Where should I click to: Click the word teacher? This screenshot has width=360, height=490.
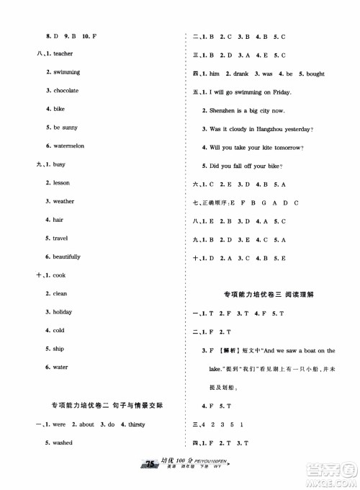pyautogui.click(x=63, y=54)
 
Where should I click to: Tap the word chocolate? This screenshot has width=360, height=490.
pyautogui.click(x=66, y=91)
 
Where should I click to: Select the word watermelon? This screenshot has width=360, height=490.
pyautogui.click(x=69, y=146)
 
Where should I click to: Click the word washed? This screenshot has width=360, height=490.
pyautogui.click(x=62, y=442)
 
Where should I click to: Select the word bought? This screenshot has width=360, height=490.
pyautogui.click(x=310, y=74)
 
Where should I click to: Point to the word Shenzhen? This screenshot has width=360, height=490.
pyautogui.click(x=225, y=111)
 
